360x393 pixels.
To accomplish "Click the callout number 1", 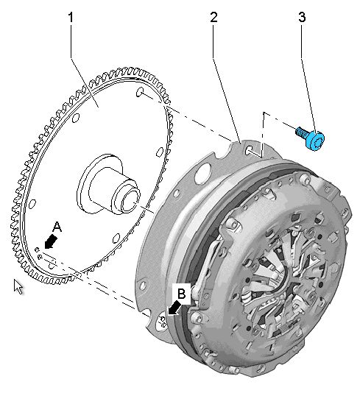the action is tap(71, 18).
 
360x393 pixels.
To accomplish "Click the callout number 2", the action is tap(213, 18).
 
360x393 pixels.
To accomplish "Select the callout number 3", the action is tap(302, 18).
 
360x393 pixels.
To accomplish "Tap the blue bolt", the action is tap(311, 138).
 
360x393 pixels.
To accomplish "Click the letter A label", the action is tap(57, 227).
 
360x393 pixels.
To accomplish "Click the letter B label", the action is tap(182, 293).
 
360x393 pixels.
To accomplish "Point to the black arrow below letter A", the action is tap(51, 242).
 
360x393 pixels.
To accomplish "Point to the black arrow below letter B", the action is tap(174, 308).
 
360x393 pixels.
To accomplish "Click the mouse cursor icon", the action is tap(18, 287).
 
